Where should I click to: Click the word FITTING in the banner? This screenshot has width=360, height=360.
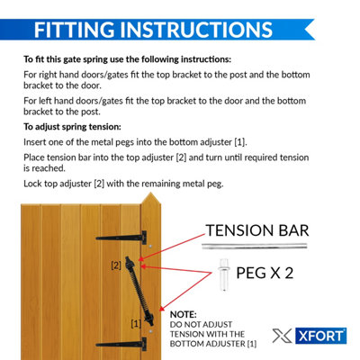click(x=74, y=30)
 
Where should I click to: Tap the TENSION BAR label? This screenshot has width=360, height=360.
click(x=257, y=230)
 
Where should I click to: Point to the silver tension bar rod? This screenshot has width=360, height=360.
click(x=255, y=247)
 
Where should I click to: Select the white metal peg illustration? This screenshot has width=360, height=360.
click(x=224, y=274)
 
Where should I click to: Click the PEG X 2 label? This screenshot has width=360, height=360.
click(x=265, y=273)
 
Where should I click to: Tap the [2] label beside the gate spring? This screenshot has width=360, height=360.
click(x=116, y=265)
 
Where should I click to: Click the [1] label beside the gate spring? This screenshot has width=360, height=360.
click(x=136, y=323)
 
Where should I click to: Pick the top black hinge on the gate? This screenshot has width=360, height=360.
click(x=121, y=238)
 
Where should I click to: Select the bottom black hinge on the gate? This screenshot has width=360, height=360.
click(x=121, y=345)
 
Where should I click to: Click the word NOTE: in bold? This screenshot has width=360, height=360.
click(x=184, y=314)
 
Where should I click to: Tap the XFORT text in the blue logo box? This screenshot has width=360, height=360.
click(x=321, y=336)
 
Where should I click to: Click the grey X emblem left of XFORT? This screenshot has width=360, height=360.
click(x=282, y=336)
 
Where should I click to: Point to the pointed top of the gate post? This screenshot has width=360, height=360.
click(x=150, y=193)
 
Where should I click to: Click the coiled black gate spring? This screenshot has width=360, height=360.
click(x=139, y=291)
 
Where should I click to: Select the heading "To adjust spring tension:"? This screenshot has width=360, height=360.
click(x=72, y=127)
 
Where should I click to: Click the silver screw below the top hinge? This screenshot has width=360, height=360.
click(x=150, y=247)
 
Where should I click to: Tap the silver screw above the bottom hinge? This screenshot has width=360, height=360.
click(x=150, y=332)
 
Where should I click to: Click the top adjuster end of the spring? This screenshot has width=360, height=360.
click(x=130, y=263)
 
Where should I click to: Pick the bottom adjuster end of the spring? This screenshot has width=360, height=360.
click(x=149, y=319)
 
